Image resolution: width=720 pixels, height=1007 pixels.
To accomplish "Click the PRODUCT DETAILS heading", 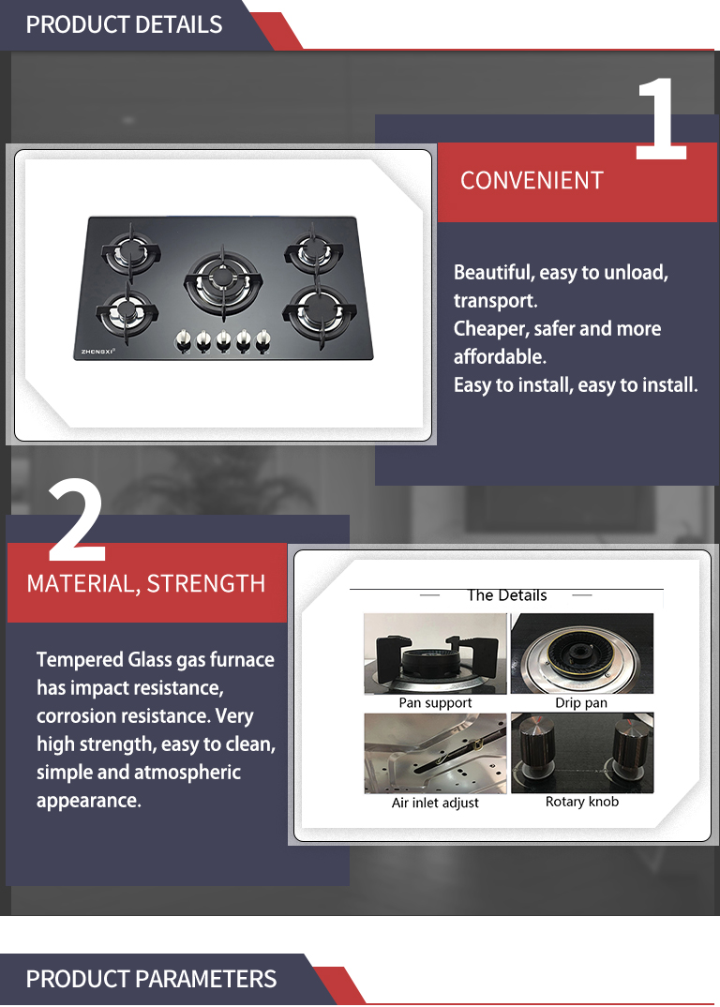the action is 124,24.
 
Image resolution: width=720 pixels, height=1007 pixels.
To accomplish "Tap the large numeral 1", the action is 662,119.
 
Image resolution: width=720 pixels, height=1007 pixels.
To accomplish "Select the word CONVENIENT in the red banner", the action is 532,180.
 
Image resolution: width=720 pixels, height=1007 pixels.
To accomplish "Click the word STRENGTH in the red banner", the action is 206,584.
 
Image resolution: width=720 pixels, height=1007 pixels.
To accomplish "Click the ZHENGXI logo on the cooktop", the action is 97,352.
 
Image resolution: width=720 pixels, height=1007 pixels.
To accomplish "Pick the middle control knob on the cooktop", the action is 223,340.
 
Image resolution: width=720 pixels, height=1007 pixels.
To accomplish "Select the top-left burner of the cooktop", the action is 129,251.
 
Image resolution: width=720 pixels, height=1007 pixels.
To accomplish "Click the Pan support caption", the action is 435,702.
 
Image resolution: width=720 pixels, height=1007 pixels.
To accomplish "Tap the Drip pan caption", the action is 581,702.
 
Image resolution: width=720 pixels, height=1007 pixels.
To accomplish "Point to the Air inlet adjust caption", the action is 435,803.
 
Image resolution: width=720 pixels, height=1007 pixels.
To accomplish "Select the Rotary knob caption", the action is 582,802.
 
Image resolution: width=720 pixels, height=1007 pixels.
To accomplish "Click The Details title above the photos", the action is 507,595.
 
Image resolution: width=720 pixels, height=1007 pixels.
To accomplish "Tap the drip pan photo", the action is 582,654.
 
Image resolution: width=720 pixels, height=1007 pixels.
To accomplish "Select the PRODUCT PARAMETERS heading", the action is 151,979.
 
